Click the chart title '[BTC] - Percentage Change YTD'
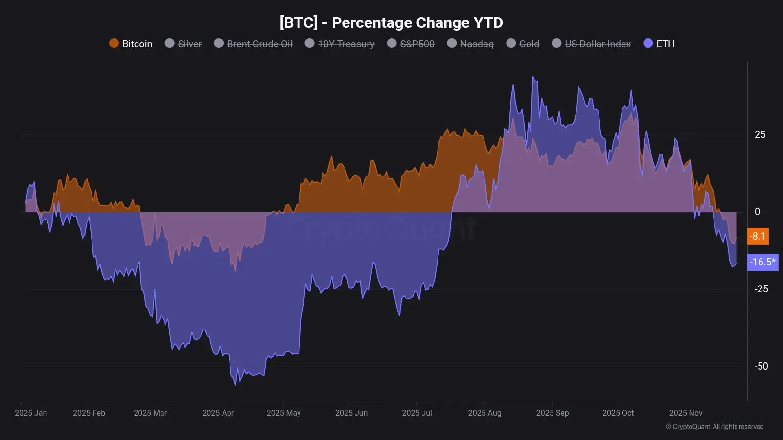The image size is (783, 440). click(391, 22)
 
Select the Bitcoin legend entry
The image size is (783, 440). click(131, 44)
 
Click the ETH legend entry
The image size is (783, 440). click(659, 44)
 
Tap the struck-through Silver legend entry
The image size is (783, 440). click(184, 44)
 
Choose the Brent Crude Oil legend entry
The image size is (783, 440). click(253, 44)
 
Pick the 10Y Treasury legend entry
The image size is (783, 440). click(340, 44)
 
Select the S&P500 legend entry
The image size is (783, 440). click(411, 44)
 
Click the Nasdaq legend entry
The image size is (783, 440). click(471, 44)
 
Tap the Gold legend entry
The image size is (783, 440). click(523, 44)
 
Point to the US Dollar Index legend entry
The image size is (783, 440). click(592, 44)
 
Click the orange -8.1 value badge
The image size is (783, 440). click(758, 236)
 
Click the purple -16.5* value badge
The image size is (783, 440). click(762, 262)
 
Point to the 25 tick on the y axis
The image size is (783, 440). click(760, 134)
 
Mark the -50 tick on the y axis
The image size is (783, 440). click(761, 366)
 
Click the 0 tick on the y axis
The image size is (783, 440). click(757, 212)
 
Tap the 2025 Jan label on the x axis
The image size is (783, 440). click(31, 413)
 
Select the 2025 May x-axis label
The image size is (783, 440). click(283, 413)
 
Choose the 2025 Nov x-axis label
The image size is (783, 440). click(686, 413)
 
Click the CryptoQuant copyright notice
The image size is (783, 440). click(714, 427)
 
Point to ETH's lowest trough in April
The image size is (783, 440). click(236, 384)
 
